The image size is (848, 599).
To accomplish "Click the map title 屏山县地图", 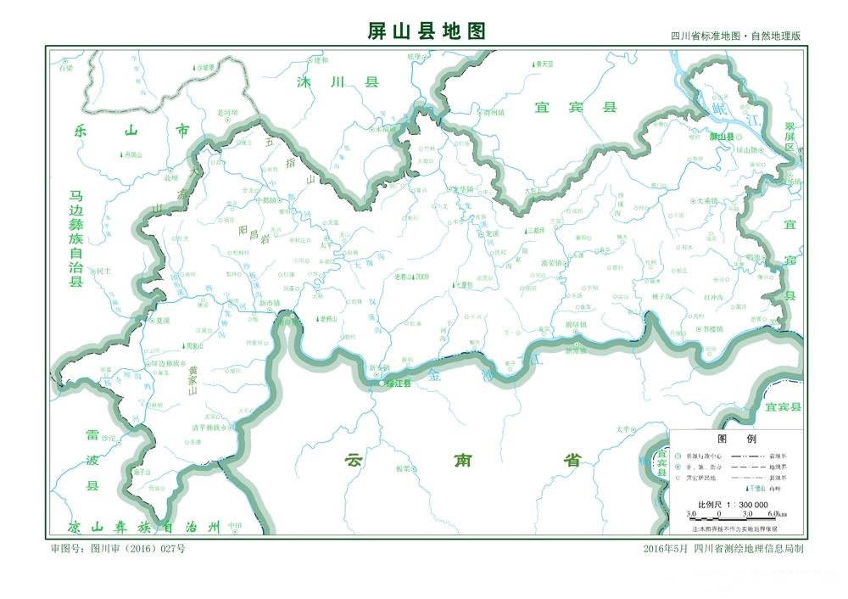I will [427, 31].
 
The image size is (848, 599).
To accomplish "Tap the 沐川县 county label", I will [336, 82].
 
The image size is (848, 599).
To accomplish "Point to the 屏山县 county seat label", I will [722, 136].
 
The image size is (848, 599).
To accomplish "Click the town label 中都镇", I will [265, 201].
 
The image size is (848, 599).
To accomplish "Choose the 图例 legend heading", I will [726, 439].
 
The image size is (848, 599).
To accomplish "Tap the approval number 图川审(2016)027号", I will [119, 549].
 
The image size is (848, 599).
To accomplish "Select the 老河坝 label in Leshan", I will [228, 112].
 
